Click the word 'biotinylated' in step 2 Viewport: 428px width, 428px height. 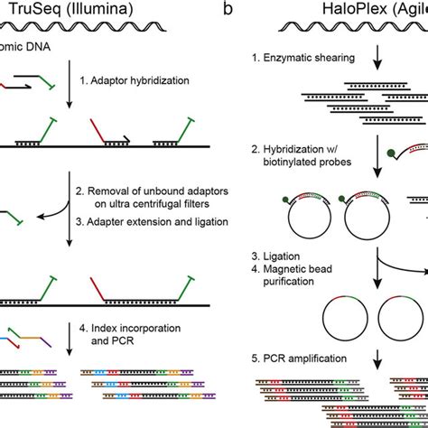[x=299, y=170]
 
